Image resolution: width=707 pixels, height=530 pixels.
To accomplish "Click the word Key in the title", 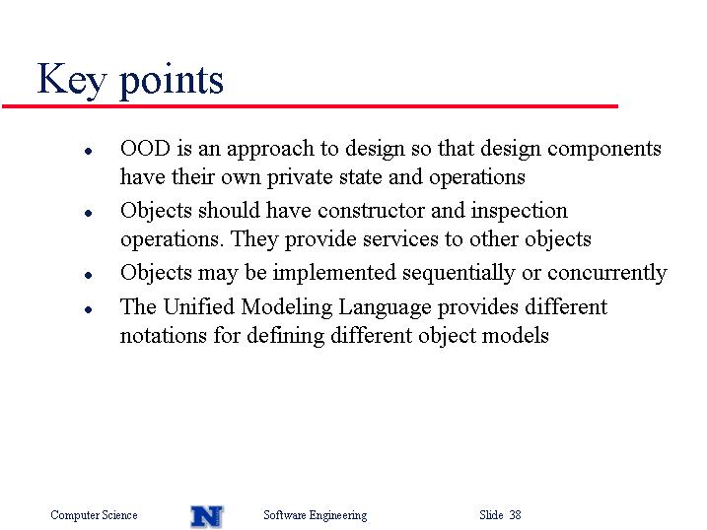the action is pos(72,80).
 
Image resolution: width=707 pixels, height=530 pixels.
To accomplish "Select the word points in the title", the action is pos(172,81).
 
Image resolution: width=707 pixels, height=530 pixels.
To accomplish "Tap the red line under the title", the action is pos(310,106).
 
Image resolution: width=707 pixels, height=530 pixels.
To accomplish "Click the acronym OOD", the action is pos(145,148).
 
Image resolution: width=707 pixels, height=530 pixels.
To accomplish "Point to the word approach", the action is pos(270,150).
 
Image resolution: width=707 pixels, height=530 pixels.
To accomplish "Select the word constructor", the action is pos(371,211).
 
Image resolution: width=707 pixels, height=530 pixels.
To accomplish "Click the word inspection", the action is pos(519,212).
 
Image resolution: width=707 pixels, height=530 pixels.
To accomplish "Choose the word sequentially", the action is pos(459,274).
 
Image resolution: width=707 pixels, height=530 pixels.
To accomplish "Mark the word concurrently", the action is pos(606,274).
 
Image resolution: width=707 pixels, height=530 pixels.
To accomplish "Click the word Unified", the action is pos(198,307).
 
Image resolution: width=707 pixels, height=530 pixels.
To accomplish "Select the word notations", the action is pos(164,336).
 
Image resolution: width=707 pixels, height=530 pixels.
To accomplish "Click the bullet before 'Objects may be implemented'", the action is pos(89,275).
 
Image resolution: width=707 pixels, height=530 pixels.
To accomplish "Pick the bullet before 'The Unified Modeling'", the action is pos(89,309).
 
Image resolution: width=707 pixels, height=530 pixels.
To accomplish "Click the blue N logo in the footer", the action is pos(206,516).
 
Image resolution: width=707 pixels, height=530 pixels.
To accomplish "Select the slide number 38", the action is pos(516,514).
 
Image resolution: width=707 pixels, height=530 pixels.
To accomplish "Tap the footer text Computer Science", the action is pos(94,515).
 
